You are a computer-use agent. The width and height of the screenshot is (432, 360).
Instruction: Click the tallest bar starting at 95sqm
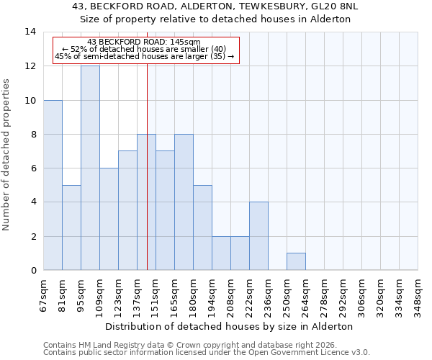[x=90, y=168]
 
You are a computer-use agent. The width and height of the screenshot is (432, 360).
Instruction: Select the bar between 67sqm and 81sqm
[x=53, y=185]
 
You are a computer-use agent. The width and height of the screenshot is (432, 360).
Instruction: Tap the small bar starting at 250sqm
[x=296, y=261]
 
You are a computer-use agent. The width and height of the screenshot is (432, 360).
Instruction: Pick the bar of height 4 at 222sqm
[x=258, y=236]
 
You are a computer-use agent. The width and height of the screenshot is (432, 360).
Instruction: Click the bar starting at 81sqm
[x=71, y=228]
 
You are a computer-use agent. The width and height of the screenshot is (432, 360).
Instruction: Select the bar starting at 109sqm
[x=109, y=219]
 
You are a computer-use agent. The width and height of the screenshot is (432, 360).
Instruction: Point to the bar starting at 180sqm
[x=202, y=228]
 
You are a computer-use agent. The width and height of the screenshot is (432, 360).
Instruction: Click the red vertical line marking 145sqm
[x=147, y=180]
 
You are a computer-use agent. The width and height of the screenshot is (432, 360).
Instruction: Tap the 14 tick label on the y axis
[x=30, y=32]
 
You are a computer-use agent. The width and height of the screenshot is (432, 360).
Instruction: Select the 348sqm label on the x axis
[x=418, y=295]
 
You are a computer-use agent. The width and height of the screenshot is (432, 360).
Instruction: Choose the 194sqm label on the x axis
[x=212, y=295]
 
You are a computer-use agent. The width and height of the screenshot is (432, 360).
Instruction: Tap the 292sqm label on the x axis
[x=343, y=295]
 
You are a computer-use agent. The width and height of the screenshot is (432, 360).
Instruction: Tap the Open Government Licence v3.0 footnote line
[x=207, y=353]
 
